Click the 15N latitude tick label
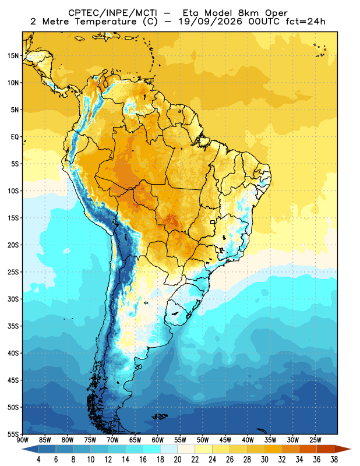[13, 55]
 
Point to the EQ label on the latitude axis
[15, 137]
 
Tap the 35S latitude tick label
[13, 326]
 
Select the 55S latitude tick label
[13, 434]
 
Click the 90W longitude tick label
[23, 440]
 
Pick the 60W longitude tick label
[157, 440]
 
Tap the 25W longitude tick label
[315, 440]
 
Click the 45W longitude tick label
[225, 440]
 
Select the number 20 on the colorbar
[178, 460]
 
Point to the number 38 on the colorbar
[334, 460]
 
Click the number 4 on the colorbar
[38, 460]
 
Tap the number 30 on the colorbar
[264, 460]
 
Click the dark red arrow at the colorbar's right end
[342, 449]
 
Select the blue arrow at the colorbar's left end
[30, 449]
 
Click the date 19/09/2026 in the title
[210, 22]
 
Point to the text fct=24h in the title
[305, 22]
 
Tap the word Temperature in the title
[105, 22]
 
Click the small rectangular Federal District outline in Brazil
[213, 222]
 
